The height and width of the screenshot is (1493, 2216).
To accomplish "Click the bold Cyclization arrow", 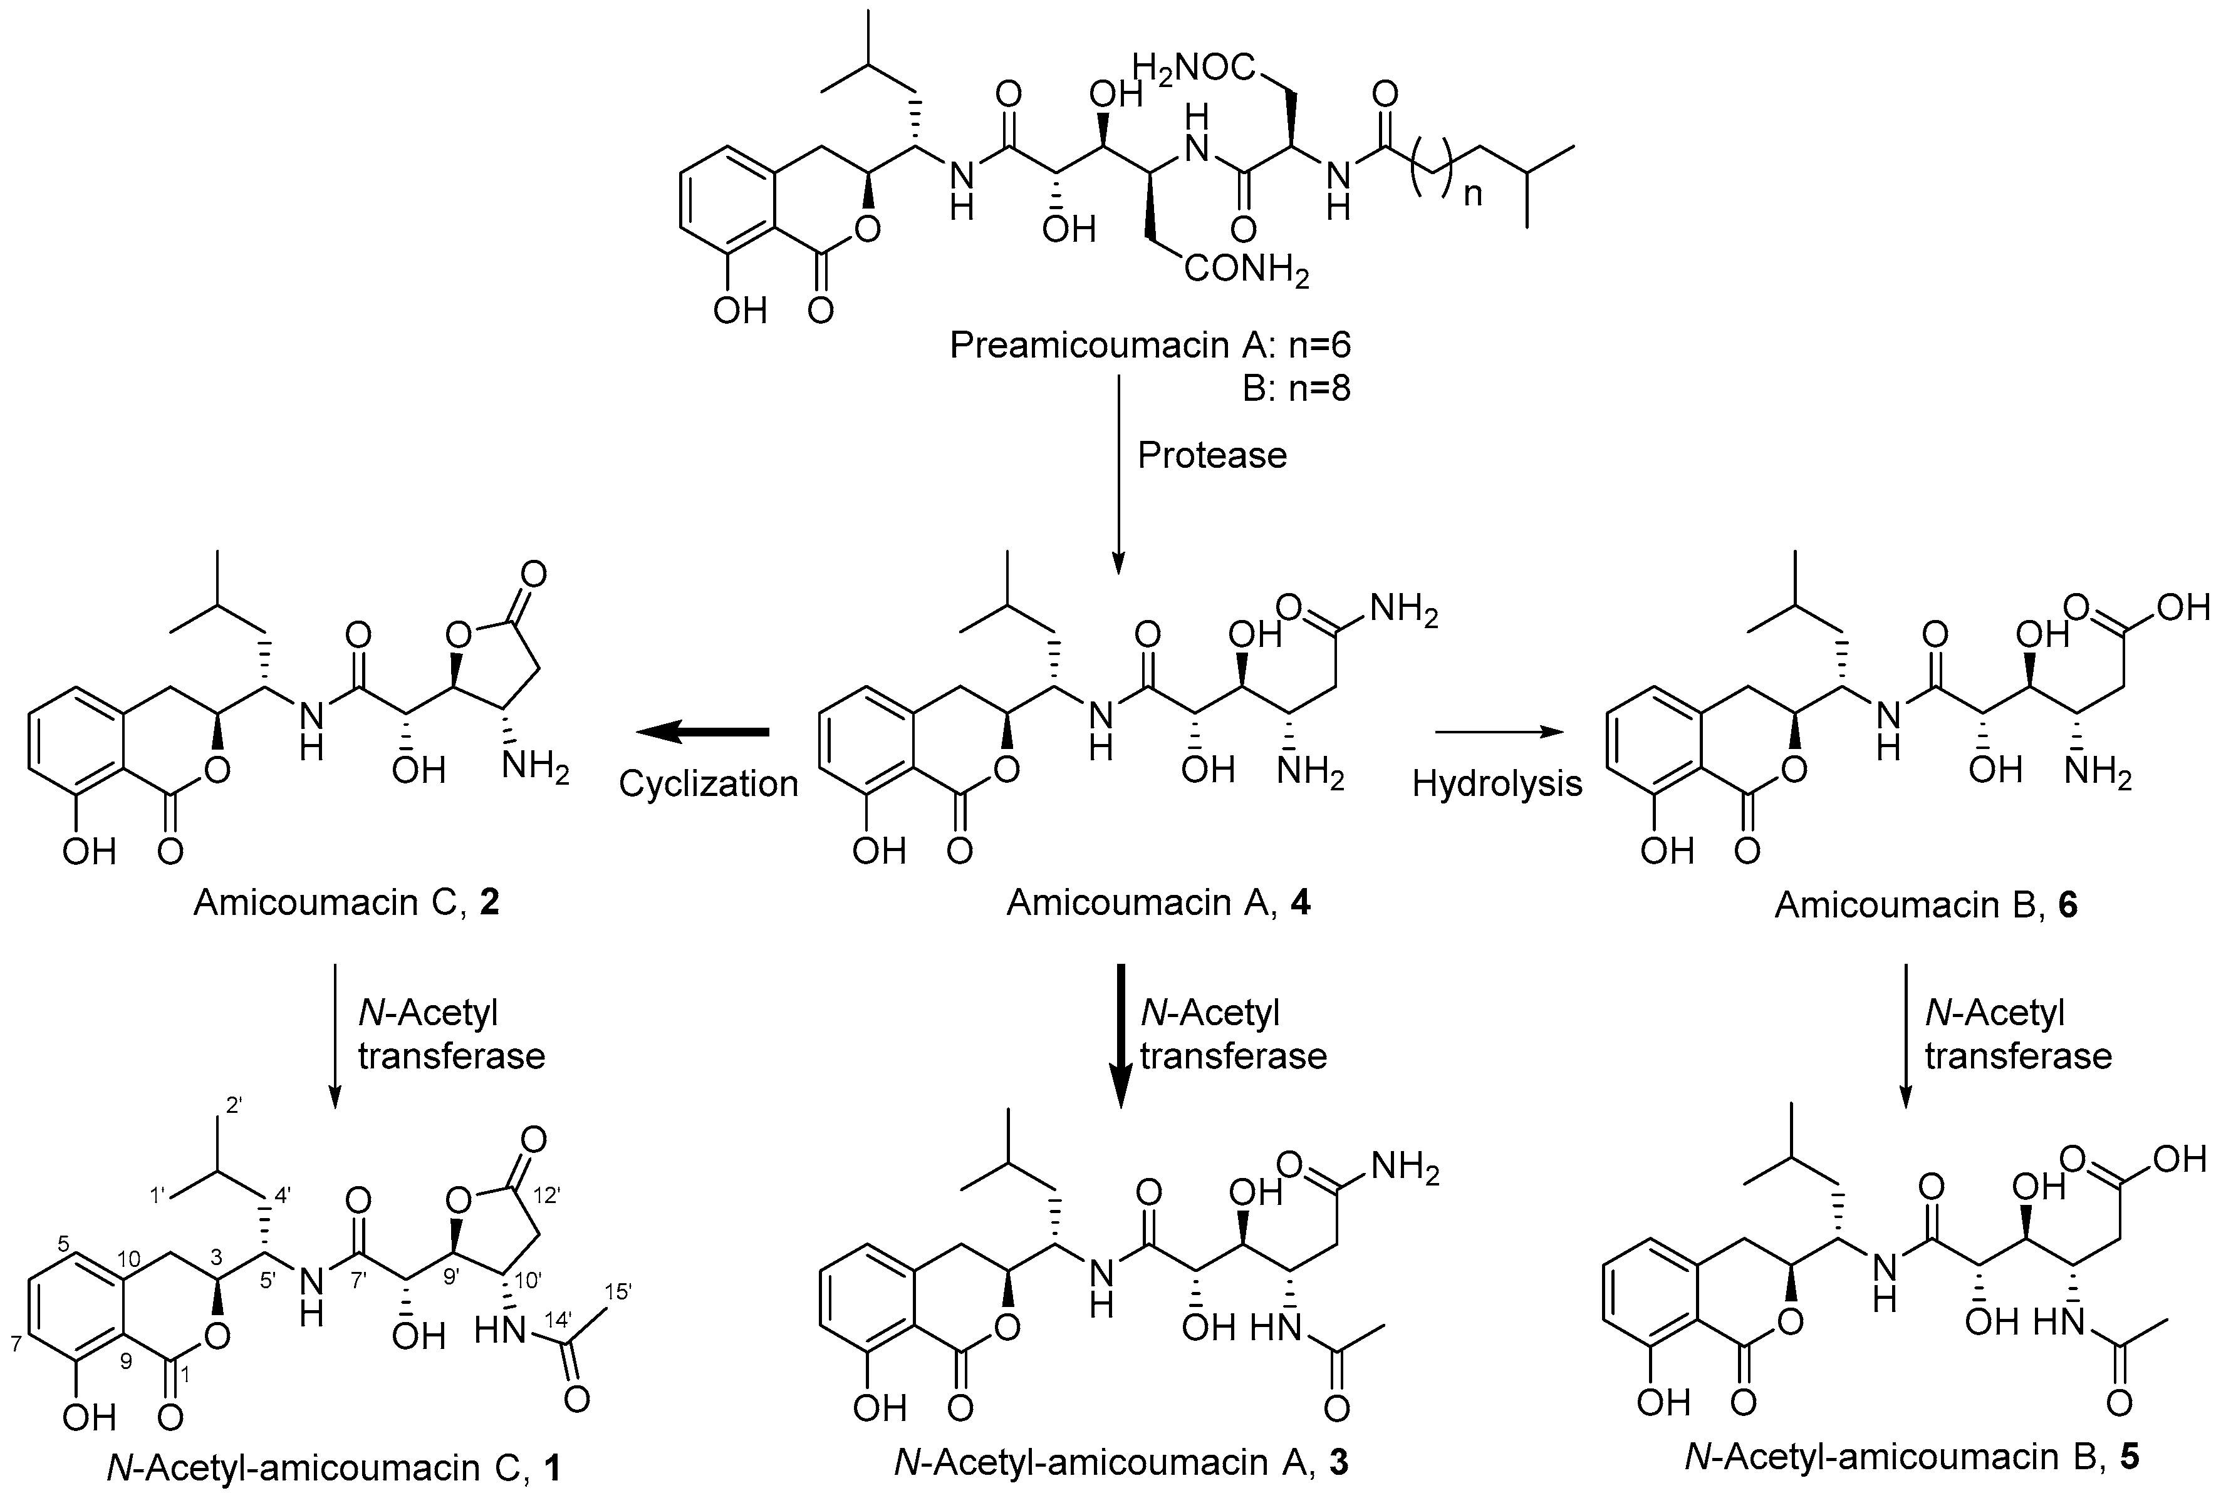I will tap(703, 731).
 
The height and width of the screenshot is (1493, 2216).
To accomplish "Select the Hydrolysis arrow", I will tap(1499, 731).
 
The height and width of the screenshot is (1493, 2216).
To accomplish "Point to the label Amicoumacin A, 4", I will tap(1158, 902).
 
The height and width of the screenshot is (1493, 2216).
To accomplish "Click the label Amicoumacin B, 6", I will tap(1925, 904).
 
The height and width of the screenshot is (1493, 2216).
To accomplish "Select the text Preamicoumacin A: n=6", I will tap(1150, 344).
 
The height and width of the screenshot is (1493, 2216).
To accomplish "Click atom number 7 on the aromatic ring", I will tap(16, 1345).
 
